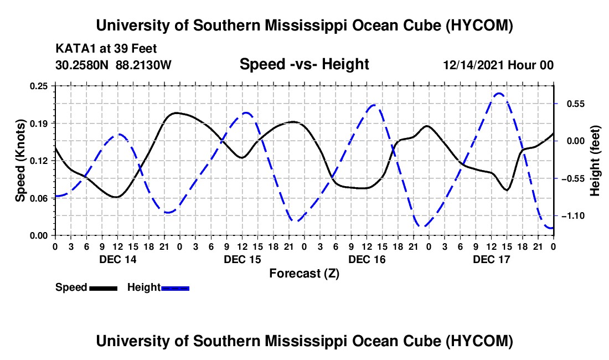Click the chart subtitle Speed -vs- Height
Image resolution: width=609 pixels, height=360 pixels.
(x=304, y=64)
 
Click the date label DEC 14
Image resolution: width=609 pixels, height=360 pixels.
(x=118, y=259)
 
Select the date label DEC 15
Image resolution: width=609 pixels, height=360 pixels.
(x=242, y=259)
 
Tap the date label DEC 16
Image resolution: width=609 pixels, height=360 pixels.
(x=367, y=259)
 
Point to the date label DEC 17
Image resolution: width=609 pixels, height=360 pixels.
(x=491, y=259)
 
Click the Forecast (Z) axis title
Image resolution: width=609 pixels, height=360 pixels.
(x=304, y=274)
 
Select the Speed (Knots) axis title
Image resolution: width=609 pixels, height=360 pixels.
(x=20, y=161)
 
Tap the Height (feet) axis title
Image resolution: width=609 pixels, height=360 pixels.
(x=595, y=161)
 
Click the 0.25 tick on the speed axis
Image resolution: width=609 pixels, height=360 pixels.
(x=38, y=86)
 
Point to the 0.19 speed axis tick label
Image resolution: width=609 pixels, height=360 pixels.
(x=38, y=124)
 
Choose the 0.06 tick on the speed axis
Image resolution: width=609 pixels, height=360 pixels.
(x=38, y=198)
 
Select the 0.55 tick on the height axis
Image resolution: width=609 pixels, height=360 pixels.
(x=576, y=104)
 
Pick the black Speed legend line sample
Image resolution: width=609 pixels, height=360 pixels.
(x=104, y=288)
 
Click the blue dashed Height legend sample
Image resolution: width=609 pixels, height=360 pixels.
(x=175, y=288)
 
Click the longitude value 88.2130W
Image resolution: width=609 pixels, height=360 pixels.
(x=143, y=65)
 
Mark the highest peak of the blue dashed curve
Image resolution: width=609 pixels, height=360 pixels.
(x=499, y=93)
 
